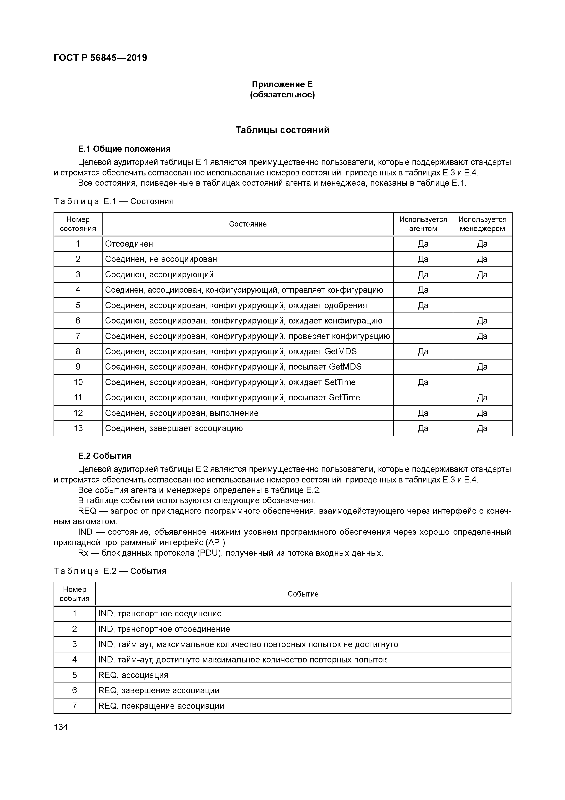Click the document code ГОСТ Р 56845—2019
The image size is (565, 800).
(x=100, y=58)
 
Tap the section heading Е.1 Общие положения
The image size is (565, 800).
(x=124, y=149)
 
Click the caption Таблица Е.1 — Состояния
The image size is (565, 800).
(x=114, y=201)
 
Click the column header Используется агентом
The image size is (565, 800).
(x=423, y=224)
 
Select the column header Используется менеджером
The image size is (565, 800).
(x=482, y=224)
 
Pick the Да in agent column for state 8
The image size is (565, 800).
(x=423, y=352)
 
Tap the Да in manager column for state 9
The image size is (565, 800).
(x=482, y=367)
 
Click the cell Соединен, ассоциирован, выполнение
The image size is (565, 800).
(x=182, y=413)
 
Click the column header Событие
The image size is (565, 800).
(x=303, y=594)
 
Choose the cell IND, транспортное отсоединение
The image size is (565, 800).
(x=164, y=629)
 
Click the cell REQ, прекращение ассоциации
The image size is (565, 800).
(x=161, y=706)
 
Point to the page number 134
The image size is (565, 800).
(x=61, y=727)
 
